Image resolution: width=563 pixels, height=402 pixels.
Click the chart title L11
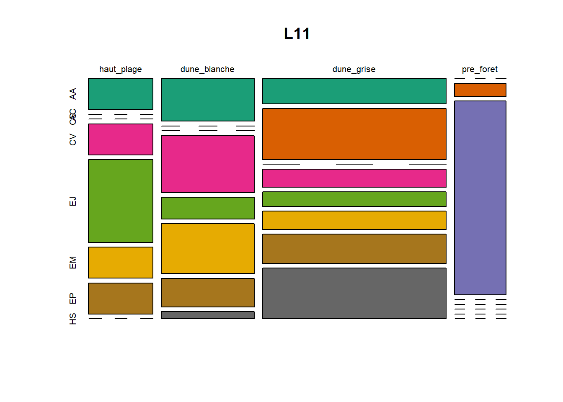[297, 33]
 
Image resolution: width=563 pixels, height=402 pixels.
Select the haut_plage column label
[120, 69]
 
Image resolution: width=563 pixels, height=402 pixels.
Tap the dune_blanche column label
[207, 69]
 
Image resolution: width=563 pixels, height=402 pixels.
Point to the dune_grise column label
[354, 69]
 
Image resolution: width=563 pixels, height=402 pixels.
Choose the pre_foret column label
[480, 69]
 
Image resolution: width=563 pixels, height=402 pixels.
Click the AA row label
[73, 94]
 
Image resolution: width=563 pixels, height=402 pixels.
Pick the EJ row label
[73, 201]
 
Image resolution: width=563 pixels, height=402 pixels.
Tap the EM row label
[73, 263]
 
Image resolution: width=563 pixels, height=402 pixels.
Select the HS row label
[73, 319]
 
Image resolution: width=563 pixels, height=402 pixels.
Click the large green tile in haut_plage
[121, 201]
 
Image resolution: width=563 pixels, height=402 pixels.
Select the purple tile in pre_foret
[480, 198]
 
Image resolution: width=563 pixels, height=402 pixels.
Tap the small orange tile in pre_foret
[480, 90]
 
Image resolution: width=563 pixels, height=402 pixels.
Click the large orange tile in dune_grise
[354, 134]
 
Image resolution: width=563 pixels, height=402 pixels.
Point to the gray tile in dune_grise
[354, 293]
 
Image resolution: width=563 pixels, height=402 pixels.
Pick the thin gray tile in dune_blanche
[208, 315]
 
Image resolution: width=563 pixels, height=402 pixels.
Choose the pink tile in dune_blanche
[208, 164]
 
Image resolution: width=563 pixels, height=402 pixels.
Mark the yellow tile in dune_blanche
[208, 248]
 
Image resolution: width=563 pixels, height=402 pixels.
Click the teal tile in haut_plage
[121, 94]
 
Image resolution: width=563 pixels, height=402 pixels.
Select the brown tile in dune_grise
[354, 249]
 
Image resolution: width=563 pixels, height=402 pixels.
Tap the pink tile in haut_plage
[121, 139]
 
